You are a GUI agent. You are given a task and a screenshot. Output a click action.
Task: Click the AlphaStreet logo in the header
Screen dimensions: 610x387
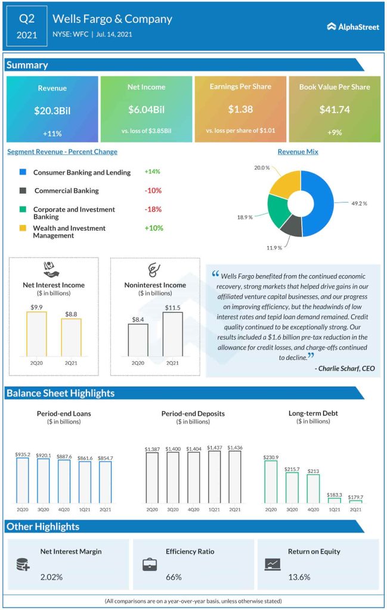[x=353, y=26]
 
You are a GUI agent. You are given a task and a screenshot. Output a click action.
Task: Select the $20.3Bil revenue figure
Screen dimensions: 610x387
[x=52, y=110]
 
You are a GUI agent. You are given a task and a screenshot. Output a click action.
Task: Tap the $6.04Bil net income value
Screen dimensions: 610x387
[x=146, y=110]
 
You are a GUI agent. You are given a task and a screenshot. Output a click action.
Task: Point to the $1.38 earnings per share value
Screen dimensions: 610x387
[x=240, y=110]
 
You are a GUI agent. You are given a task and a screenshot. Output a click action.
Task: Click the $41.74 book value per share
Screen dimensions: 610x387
[x=334, y=110]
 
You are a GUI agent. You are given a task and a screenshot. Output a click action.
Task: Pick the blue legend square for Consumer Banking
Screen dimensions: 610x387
[x=23, y=172]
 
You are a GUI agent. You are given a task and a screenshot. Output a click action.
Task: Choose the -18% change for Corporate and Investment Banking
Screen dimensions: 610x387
[x=153, y=210]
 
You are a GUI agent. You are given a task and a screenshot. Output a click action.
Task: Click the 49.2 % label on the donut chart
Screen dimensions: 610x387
[x=359, y=203]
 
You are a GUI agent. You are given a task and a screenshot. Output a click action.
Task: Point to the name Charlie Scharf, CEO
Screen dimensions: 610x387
[x=345, y=369]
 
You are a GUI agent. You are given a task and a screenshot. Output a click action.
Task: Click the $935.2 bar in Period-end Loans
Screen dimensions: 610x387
[x=23, y=480]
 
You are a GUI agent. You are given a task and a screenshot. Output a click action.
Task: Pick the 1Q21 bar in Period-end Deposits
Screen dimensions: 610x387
[x=214, y=477]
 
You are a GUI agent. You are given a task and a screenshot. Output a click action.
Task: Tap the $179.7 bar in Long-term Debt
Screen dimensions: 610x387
[x=355, y=502]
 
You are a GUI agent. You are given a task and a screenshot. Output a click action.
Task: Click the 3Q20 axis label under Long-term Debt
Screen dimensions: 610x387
[x=292, y=510]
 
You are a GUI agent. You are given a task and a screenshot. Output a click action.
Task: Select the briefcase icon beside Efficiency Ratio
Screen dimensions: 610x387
[x=150, y=565]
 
